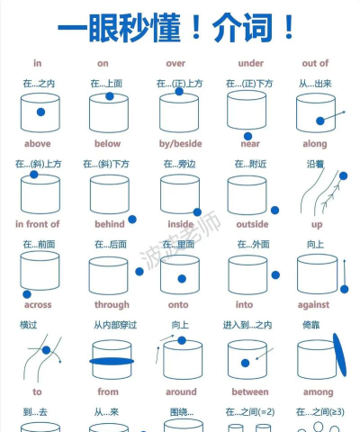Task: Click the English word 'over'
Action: [x=175, y=63]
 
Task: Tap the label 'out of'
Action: [x=315, y=63]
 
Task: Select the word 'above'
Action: [x=38, y=143]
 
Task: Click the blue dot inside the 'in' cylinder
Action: [x=40, y=112]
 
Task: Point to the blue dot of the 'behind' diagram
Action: [x=132, y=219]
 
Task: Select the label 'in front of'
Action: [x=38, y=223]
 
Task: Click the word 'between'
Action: [x=249, y=391]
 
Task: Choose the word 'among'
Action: [x=318, y=391]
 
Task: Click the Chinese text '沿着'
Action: [x=315, y=164]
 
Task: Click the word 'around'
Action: [x=181, y=391]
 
